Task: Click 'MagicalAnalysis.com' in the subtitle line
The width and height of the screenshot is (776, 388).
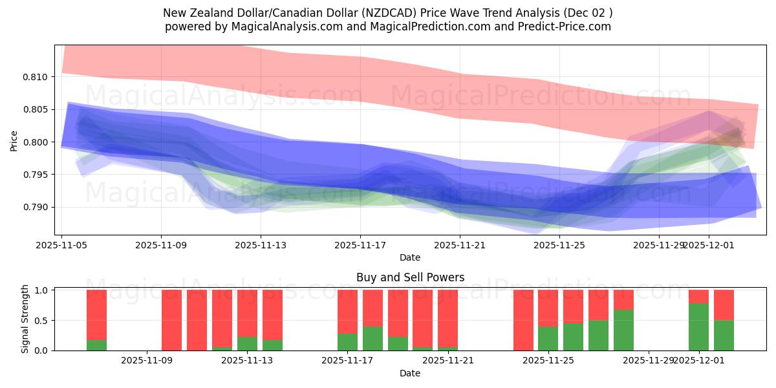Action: (292, 27)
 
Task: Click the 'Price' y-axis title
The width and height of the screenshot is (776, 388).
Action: (14, 141)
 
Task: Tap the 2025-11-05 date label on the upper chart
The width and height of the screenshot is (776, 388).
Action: (61, 245)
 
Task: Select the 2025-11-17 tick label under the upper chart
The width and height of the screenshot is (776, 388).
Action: (360, 245)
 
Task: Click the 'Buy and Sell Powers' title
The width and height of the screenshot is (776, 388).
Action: (410, 278)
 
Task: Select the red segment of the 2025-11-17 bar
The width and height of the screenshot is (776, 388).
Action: (347, 312)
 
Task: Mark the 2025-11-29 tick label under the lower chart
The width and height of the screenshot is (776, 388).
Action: (649, 361)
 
